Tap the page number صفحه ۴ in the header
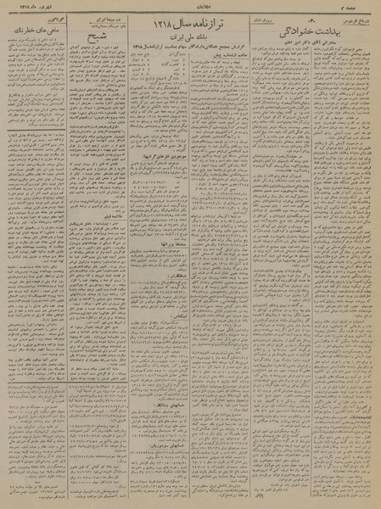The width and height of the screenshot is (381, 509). (364, 6)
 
